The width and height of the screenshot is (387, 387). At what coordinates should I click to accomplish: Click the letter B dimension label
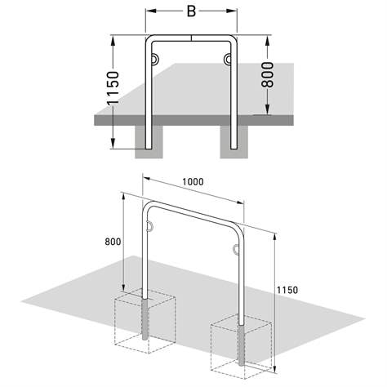[189, 12]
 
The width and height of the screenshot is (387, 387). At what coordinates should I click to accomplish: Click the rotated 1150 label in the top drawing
[113, 91]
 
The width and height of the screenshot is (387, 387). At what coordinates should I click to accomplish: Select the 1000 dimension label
[193, 181]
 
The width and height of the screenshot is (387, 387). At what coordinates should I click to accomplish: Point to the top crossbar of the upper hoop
[189, 40]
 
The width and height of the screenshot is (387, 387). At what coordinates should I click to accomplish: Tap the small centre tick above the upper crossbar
[190, 36]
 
